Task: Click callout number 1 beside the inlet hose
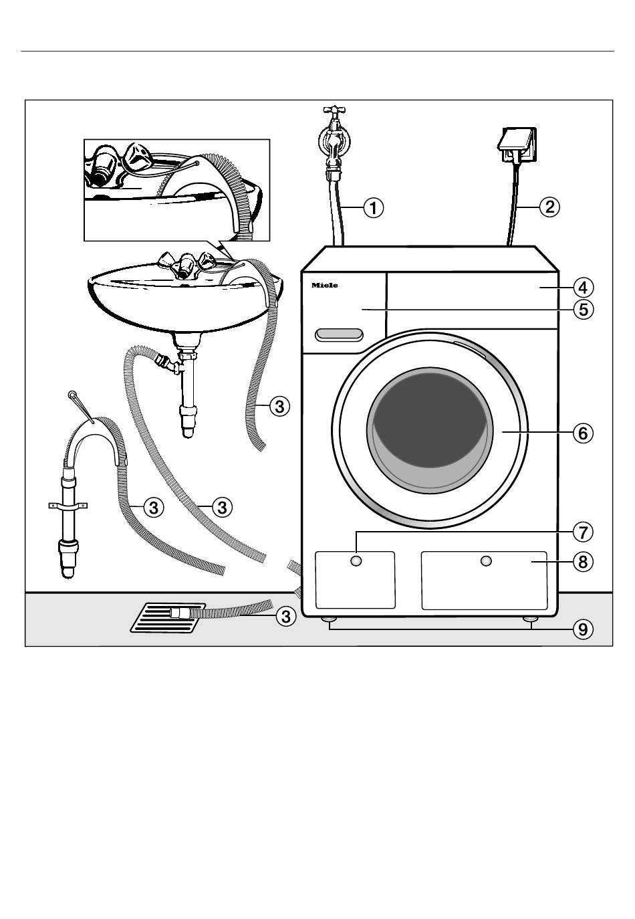pyautogui.click(x=373, y=207)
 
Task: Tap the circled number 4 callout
pyautogui.click(x=583, y=288)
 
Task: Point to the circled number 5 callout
pyautogui.click(x=583, y=310)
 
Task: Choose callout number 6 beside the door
pyautogui.click(x=583, y=433)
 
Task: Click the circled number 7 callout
pyautogui.click(x=583, y=532)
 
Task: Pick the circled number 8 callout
pyautogui.click(x=583, y=562)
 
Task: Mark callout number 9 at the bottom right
pyautogui.click(x=583, y=629)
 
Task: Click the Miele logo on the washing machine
pyautogui.click(x=325, y=286)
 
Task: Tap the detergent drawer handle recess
pyautogui.click(x=340, y=334)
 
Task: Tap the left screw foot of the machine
pyautogui.click(x=330, y=620)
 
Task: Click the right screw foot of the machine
pyautogui.click(x=531, y=620)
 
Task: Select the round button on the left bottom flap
pyautogui.click(x=356, y=560)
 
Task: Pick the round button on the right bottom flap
pyautogui.click(x=486, y=560)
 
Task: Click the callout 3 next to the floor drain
pyautogui.click(x=285, y=616)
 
